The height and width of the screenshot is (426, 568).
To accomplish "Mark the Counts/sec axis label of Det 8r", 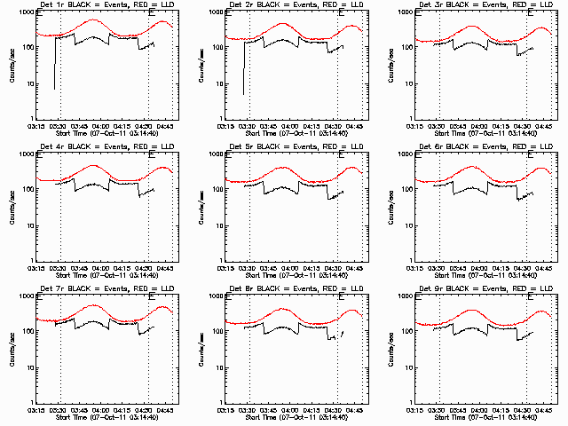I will click(201, 350).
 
